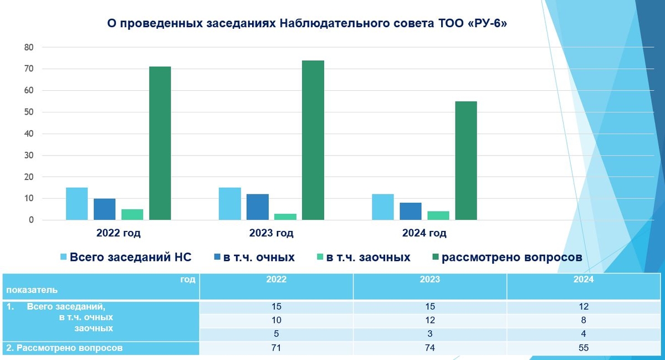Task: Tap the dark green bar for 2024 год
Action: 466,161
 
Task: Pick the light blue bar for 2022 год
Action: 77,204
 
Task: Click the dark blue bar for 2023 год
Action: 258,207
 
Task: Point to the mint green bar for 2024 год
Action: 438,215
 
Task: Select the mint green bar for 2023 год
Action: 285,217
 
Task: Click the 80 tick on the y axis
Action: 29,48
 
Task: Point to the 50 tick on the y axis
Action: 29,112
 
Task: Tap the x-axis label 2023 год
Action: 272,233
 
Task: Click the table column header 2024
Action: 584,280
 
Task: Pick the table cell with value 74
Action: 430,348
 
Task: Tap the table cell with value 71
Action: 277,348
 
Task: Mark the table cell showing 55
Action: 584,348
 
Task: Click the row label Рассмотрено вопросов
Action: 64,348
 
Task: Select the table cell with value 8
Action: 584,320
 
